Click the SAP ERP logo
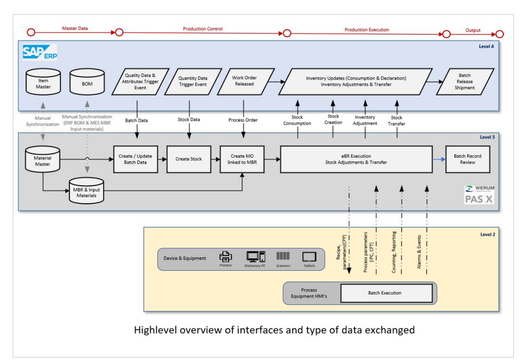click(40, 52)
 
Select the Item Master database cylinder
click(43, 82)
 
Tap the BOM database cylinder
click(87, 82)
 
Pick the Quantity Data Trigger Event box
click(192, 81)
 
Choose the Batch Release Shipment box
click(465, 81)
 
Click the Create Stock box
click(189, 159)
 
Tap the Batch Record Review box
click(467, 159)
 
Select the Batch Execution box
click(386, 293)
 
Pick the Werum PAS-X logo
click(479, 194)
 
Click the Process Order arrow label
click(243, 120)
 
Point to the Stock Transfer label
click(396, 121)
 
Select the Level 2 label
click(487, 235)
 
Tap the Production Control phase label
click(203, 29)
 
